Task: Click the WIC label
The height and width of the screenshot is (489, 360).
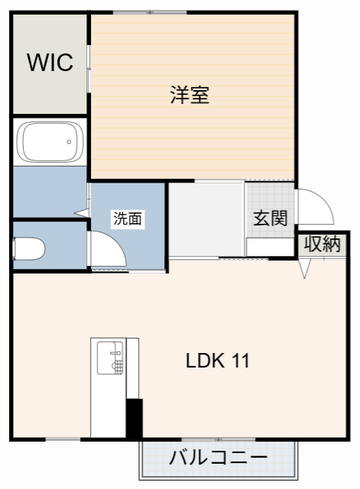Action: click(50, 63)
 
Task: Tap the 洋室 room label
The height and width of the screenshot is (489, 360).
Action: click(190, 96)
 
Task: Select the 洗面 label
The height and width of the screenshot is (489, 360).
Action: click(128, 219)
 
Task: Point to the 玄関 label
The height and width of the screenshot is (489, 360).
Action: click(270, 218)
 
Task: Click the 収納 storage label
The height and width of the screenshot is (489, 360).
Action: click(322, 244)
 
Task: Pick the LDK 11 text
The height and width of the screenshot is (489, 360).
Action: click(218, 361)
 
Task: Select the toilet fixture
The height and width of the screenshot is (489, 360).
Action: click(29, 248)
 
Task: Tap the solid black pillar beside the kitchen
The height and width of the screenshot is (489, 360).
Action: click(135, 419)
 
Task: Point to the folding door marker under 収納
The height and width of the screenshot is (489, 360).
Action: click(306, 267)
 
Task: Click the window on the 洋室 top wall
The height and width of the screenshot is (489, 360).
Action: click(150, 12)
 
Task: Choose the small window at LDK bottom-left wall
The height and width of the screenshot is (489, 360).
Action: click(63, 439)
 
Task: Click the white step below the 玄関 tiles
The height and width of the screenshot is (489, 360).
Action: click(269, 247)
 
